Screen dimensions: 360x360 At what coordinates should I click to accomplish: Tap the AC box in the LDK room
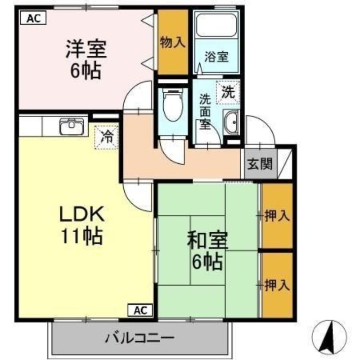point(140,310)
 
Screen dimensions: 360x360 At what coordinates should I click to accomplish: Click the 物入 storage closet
point(172,42)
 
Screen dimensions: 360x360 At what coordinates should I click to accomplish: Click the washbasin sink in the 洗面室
point(232,123)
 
